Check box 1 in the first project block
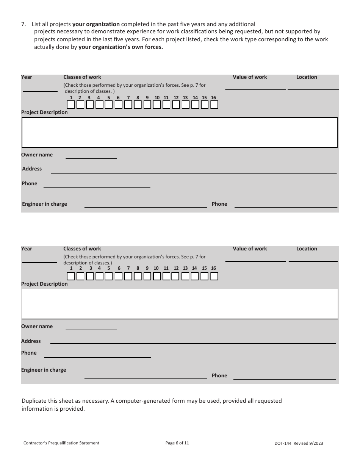[71, 105]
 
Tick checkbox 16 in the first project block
[214, 105]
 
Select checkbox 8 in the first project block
[138, 105]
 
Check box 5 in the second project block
[109, 277]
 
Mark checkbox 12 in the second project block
[175, 277]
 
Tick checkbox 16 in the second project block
[214, 277]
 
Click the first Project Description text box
[179, 132]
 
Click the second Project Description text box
[179, 304]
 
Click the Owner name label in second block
[37, 326]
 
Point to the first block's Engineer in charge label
[44, 204]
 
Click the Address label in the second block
[31, 341]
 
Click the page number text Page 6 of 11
[177, 443]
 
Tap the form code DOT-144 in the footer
[282, 443]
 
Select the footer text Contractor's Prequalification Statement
[61, 443]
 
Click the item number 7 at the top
[23, 24]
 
